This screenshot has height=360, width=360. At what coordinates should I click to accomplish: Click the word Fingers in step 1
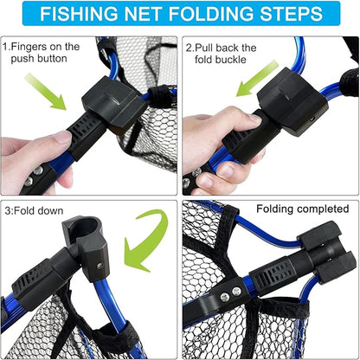[x=35, y=47]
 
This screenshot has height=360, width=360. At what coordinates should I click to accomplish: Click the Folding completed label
[x=302, y=209]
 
